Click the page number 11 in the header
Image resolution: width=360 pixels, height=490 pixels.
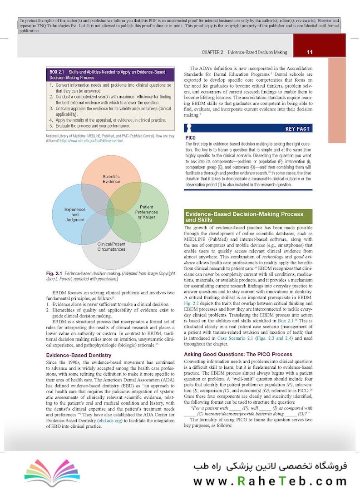click(x=310, y=52)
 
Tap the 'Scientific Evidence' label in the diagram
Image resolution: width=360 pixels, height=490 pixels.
click(x=111, y=178)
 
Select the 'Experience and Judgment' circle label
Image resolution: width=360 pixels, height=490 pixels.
click(x=75, y=214)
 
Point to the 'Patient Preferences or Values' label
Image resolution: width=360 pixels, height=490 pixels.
click(x=147, y=212)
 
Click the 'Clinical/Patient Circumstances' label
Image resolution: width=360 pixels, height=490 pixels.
click(x=111, y=247)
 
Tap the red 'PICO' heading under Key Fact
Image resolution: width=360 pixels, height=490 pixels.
click(x=191, y=137)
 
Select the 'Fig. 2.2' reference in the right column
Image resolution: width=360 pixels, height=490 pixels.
click(x=192, y=303)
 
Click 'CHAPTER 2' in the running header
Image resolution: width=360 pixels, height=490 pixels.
click(x=212, y=52)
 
